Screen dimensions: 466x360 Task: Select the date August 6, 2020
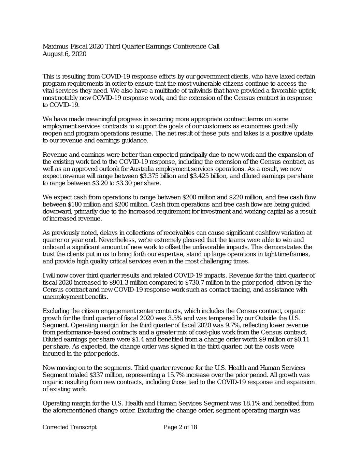[x=64, y=54]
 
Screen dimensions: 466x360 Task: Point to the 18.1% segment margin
[x=250, y=404]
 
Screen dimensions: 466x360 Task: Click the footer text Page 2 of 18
[x=180, y=427]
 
